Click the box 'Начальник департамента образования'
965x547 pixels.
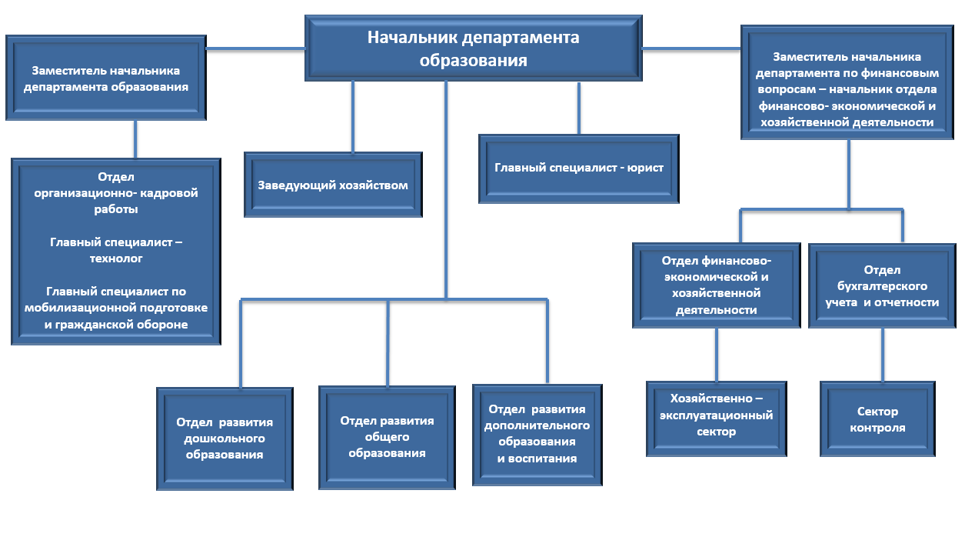(474, 48)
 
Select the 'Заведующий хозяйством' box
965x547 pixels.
(333, 185)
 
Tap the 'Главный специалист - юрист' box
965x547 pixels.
(578, 168)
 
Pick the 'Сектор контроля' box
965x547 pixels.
(877, 419)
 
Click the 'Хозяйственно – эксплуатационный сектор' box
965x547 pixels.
(717, 415)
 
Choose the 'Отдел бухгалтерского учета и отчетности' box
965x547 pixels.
(881, 286)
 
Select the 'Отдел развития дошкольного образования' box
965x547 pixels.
(225, 439)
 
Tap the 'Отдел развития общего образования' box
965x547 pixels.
(387, 437)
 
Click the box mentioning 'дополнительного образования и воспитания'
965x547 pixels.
(537, 435)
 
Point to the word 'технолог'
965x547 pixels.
(116, 258)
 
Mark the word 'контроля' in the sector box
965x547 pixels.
(877, 428)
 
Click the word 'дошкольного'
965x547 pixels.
(225, 439)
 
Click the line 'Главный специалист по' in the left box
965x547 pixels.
(116, 292)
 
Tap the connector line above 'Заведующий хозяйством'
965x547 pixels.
(353, 115)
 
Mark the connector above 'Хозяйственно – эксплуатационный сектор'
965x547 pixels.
(717, 354)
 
